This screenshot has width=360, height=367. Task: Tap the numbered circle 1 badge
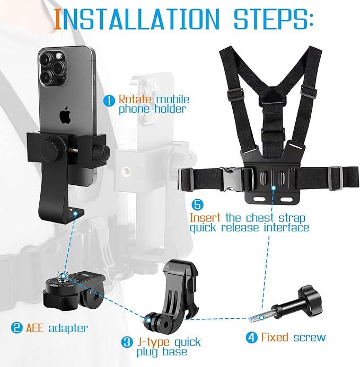tap(109, 99)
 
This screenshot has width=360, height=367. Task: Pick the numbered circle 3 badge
tap(127, 343)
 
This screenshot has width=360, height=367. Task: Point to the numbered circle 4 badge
tap(252, 337)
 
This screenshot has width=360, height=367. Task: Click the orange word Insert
tap(206, 218)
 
